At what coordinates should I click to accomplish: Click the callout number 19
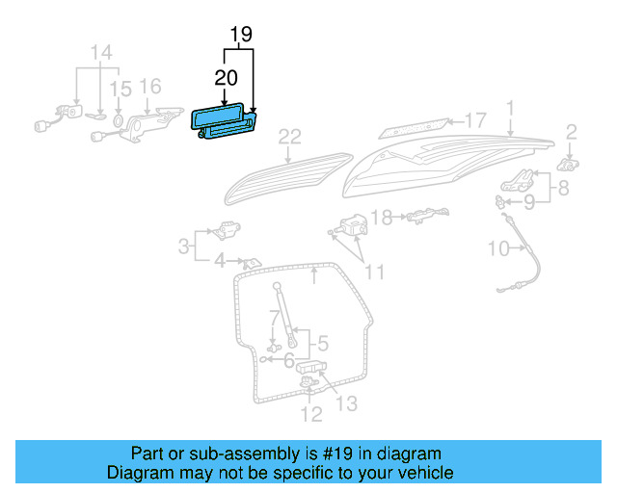pyautogui.click(x=241, y=36)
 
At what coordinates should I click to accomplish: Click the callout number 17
pyautogui.click(x=475, y=120)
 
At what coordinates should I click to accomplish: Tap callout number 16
pyautogui.click(x=150, y=87)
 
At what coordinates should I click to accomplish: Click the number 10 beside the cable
pyautogui.click(x=497, y=248)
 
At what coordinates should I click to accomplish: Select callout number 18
pyautogui.click(x=383, y=218)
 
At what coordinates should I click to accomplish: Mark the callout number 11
pyautogui.click(x=373, y=272)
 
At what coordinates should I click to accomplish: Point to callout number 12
pyautogui.click(x=309, y=415)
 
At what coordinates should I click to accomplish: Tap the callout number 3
pyautogui.click(x=182, y=246)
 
